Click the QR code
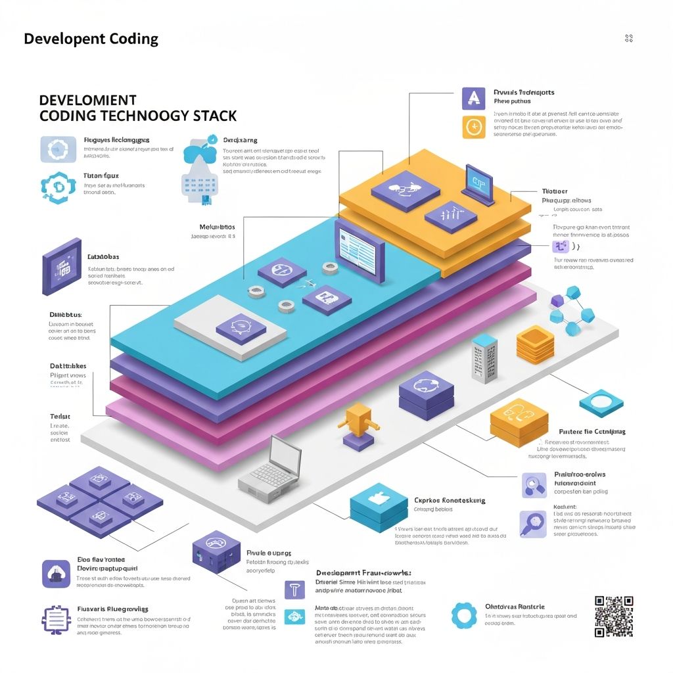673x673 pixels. [614, 616]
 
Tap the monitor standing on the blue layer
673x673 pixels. [359, 251]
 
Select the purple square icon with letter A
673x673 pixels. [473, 98]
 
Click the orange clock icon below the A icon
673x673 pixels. [473, 126]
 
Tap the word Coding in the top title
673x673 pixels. [129, 39]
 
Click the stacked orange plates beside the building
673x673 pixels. [535, 344]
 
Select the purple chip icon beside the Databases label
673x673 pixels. [62, 270]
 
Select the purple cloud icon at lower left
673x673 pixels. [55, 573]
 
